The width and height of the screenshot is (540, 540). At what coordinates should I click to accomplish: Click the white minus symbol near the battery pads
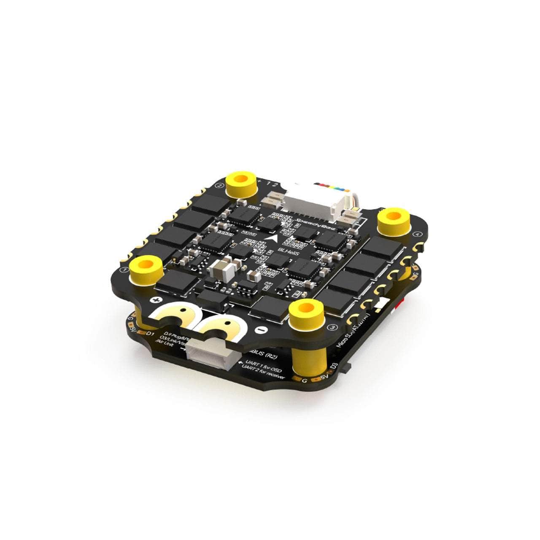(262, 329)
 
